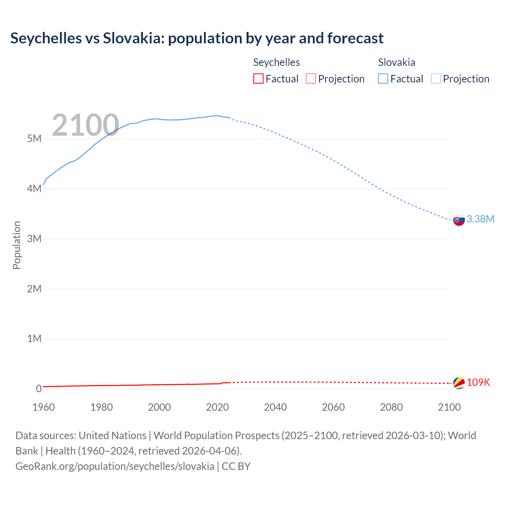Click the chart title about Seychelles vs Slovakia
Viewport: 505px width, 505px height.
coord(197,38)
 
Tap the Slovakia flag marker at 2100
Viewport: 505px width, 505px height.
coord(459,220)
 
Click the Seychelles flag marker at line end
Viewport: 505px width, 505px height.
coord(459,383)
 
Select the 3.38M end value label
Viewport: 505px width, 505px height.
coord(480,219)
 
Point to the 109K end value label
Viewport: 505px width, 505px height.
coord(478,382)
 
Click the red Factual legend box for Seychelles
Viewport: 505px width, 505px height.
coord(258,79)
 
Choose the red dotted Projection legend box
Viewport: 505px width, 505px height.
coord(311,79)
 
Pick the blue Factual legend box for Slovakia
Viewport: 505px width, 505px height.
coord(383,79)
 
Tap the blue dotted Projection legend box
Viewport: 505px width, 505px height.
coord(436,79)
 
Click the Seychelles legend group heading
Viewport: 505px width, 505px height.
coord(276,62)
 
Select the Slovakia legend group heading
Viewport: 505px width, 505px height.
coord(397,62)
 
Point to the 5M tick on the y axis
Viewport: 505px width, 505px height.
coord(34,139)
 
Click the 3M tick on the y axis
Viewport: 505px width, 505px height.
coord(34,239)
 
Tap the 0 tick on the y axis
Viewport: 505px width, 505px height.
coord(39,389)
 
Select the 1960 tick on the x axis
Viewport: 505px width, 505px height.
coord(43,407)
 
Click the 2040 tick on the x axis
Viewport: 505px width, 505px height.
coord(275,407)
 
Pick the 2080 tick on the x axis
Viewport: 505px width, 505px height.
coord(391,407)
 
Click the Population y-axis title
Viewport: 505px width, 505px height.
coord(17,245)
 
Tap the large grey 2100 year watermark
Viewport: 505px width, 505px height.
coord(85,125)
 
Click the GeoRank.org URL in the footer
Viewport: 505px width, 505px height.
coord(115,466)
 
